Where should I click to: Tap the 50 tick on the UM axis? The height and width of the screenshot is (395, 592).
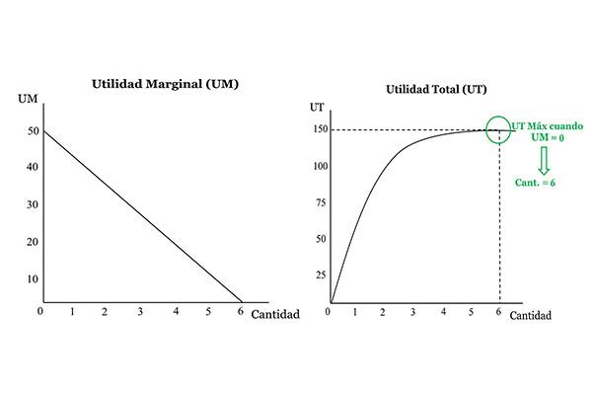(x=34, y=130)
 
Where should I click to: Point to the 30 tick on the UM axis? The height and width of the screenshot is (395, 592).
(x=34, y=204)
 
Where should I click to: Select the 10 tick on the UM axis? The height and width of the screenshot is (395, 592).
(x=34, y=278)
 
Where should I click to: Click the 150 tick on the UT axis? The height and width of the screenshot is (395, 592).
(x=320, y=128)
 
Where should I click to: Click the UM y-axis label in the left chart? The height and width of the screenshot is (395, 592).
(x=27, y=99)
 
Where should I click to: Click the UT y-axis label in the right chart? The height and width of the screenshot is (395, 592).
(x=317, y=106)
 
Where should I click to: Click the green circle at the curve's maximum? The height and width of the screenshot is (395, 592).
(x=498, y=129)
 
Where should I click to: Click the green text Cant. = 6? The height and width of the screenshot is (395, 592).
(x=536, y=183)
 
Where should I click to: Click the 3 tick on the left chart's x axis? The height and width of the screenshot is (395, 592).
(x=140, y=312)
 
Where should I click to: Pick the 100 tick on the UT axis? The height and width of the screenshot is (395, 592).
(x=320, y=165)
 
